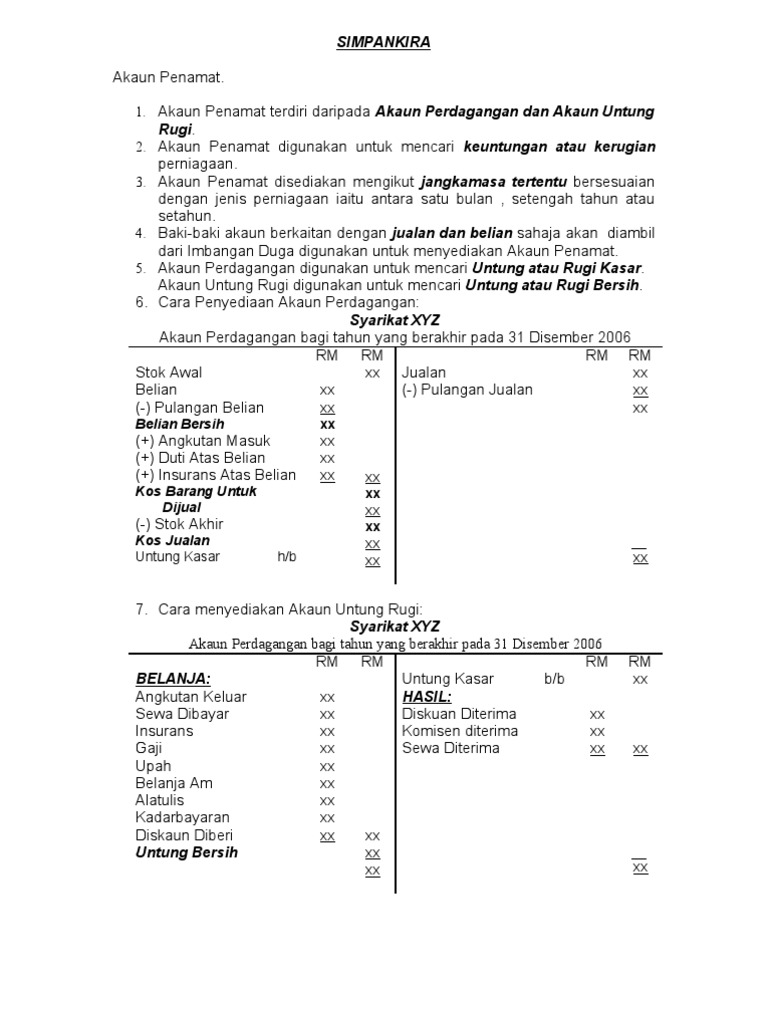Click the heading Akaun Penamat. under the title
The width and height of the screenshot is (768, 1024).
click(x=168, y=77)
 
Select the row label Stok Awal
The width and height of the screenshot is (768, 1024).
click(x=169, y=372)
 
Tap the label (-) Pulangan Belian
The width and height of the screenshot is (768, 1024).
click(x=200, y=407)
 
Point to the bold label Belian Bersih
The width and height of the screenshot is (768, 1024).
click(x=180, y=424)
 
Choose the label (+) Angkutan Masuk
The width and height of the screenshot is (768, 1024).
click(x=203, y=441)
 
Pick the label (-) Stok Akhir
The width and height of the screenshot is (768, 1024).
click(x=180, y=524)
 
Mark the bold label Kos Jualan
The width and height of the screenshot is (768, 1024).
click(x=173, y=541)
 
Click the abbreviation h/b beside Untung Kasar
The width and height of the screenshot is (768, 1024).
click(x=287, y=557)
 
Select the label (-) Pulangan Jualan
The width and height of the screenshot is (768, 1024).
click(x=467, y=389)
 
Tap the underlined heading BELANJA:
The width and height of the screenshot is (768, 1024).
click(x=173, y=679)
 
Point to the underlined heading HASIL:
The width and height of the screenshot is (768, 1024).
click(x=428, y=696)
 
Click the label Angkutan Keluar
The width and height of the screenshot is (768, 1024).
click(x=191, y=696)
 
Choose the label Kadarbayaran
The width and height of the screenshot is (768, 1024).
click(x=183, y=817)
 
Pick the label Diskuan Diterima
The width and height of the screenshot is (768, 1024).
click(x=459, y=714)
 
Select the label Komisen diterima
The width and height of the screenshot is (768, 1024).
click(x=460, y=731)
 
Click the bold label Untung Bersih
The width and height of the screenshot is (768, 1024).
click(x=187, y=853)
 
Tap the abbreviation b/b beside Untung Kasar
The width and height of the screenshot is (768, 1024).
click(x=555, y=679)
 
